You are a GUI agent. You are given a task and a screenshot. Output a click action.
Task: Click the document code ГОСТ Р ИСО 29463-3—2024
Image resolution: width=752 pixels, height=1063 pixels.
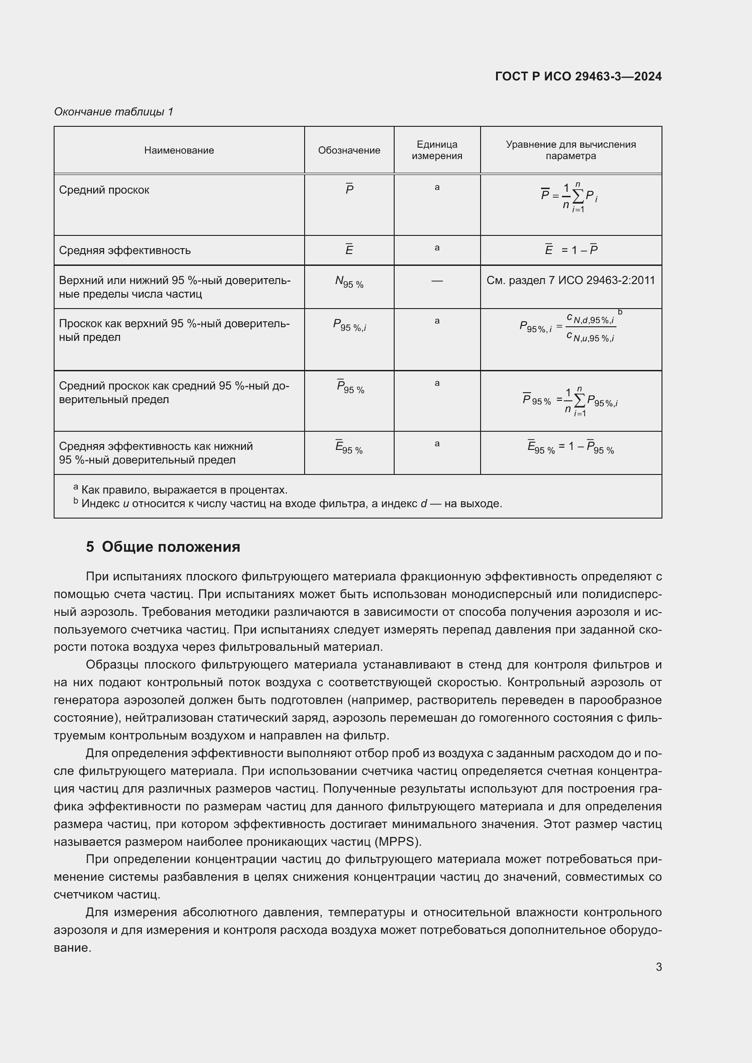click(x=578, y=76)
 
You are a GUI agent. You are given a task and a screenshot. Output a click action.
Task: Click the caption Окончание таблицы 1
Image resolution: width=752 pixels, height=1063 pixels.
click(x=114, y=112)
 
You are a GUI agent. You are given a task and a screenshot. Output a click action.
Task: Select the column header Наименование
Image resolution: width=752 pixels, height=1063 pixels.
click(x=179, y=150)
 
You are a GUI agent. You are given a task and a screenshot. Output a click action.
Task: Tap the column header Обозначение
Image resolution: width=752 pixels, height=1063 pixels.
click(x=349, y=150)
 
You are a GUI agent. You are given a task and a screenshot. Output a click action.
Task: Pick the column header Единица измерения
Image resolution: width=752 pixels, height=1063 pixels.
click(x=436, y=150)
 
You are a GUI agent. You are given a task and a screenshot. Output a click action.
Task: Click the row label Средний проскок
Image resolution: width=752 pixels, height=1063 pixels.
click(x=104, y=190)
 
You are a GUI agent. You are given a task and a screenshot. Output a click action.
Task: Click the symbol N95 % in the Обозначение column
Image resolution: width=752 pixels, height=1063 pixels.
click(x=349, y=282)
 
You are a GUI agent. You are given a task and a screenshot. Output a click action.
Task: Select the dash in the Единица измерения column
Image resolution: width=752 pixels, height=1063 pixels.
click(x=436, y=280)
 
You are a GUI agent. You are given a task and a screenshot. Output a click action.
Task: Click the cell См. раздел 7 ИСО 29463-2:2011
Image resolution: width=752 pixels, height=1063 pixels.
click(x=571, y=280)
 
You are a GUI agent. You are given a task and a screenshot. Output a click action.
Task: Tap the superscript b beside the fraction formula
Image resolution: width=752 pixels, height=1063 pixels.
click(x=620, y=313)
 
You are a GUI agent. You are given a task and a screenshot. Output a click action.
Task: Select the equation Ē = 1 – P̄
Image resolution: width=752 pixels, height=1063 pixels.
click(x=571, y=250)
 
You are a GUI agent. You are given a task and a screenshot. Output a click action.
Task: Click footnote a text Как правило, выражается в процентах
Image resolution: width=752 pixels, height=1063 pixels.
click(x=184, y=490)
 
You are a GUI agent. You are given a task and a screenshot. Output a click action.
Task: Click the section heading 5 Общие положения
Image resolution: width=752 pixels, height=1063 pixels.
click(x=163, y=547)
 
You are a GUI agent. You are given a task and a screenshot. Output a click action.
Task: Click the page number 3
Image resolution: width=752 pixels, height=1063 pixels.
click(x=658, y=967)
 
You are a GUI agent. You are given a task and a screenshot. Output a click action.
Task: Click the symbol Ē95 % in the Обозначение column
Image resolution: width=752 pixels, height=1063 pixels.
click(x=349, y=448)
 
